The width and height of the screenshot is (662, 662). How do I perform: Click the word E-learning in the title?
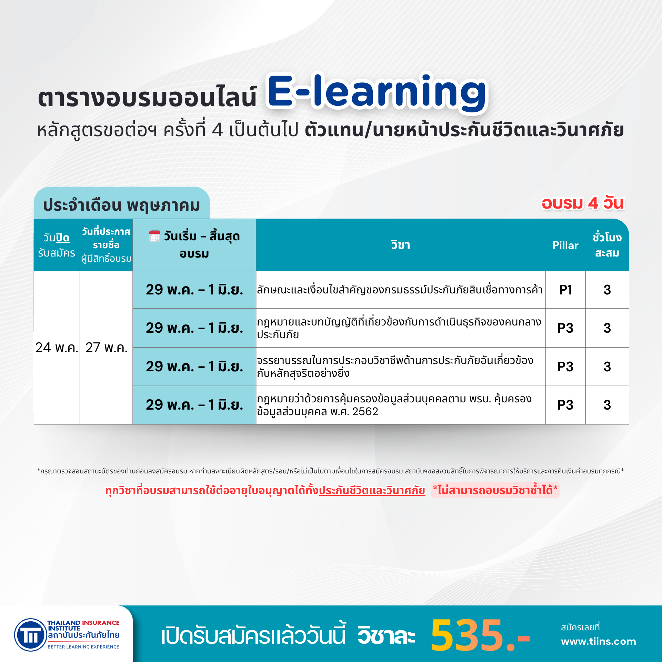(x=377, y=92)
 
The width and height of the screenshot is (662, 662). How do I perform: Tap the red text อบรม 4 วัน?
(x=583, y=203)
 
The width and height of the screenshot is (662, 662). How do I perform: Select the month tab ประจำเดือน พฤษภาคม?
(x=122, y=205)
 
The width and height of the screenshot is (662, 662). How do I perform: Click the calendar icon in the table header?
(x=155, y=236)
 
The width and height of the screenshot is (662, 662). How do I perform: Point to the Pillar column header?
(x=565, y=245)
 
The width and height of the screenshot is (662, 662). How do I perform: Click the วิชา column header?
(x=401, y=245)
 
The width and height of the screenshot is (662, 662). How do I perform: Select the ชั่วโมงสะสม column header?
(x=607, y=245)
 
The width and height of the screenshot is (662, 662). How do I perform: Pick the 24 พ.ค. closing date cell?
(x=57, y=348)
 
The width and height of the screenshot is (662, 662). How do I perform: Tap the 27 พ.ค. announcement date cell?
(x=107, y=348)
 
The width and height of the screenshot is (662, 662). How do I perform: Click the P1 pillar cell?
(x=565, y=290)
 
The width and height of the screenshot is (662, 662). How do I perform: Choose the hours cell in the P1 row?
(x=607, y=290)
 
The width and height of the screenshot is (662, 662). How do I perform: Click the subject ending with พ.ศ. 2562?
(x=394, y=405)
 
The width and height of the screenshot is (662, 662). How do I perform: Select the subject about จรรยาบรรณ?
(x=395, y=367)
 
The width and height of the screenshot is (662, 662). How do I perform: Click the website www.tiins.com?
(x=599, y=642)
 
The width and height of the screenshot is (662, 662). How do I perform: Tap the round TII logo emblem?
(x=31, y=635)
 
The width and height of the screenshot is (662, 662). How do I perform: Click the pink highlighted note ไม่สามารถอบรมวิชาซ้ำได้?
(x=495, y=490)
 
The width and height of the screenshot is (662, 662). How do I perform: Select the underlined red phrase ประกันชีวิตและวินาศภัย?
(x=372, y=490)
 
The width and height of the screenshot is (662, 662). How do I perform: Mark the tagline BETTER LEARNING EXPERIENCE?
(x=83, y=647)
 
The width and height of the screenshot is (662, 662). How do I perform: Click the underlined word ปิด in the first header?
(x=62, y=238)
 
